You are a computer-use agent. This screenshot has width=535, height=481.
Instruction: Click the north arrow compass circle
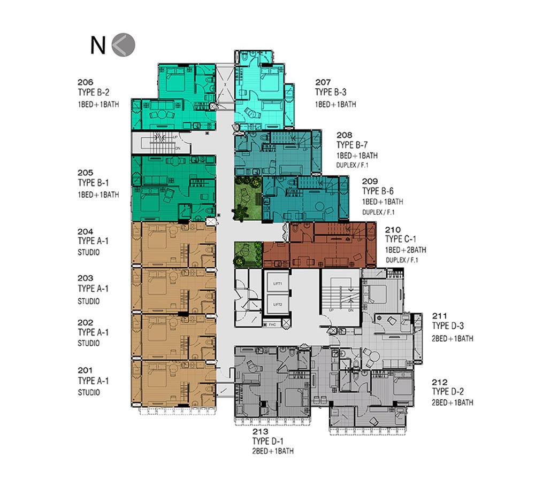123,44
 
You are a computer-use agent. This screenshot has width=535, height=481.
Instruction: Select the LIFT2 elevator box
277,304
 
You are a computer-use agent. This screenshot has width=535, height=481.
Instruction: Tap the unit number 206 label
85,82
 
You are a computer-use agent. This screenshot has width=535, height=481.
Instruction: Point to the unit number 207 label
323,82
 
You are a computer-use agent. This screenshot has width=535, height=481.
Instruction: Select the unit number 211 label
439,316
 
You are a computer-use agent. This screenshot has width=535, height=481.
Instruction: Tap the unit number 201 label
85,370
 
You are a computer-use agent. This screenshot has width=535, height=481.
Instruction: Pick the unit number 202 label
85,323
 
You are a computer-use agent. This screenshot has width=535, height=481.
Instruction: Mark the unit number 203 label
85,278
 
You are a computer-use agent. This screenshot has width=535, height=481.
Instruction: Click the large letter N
97,45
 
